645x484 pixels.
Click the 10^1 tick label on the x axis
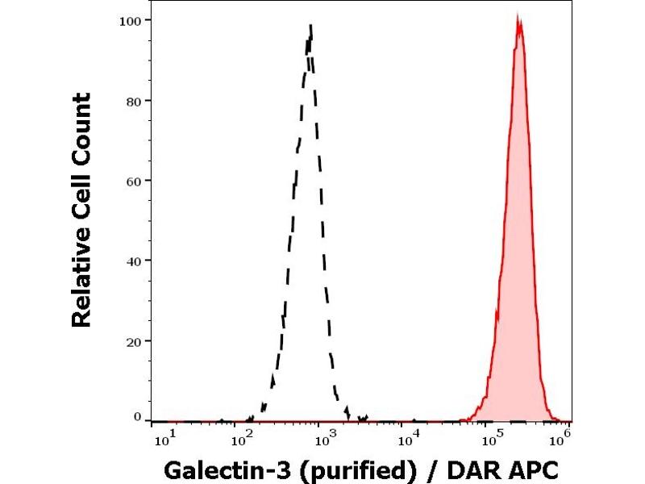pyautogui.click(x=162, y=438)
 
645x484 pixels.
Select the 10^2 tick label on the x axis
pyautogui.click(x=241, y=438)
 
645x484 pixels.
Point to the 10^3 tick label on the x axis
pyautogui.click(x=324, y=438)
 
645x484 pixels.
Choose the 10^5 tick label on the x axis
pyautogui.click(x=492, y=438)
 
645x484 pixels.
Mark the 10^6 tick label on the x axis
pyautogui.click(x=561, y=436)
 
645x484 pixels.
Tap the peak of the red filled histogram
pyautogui.click(x=518, y=15)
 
